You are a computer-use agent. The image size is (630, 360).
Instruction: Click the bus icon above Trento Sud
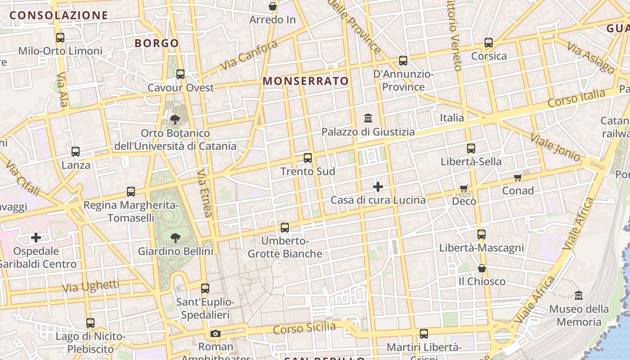308,158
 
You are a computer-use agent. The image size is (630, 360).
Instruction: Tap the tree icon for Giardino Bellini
175,238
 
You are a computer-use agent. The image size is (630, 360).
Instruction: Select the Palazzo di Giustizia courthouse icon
368,118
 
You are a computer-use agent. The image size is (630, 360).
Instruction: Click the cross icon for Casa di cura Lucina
378,186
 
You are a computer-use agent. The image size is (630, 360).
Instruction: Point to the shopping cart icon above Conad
518,177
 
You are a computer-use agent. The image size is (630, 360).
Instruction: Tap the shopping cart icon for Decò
464,188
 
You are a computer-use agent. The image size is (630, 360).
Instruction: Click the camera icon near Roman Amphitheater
216,333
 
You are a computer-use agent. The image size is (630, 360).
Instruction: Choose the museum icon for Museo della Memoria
579,296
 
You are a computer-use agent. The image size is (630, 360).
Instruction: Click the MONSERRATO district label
306,81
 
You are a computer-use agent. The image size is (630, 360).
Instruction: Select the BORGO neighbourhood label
157,43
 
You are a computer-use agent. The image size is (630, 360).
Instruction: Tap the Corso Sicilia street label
304,328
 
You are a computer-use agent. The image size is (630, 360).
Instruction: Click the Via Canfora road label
249,55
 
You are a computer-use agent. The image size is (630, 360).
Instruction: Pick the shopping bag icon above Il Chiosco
482,269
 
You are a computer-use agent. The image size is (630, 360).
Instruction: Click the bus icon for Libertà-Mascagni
481,234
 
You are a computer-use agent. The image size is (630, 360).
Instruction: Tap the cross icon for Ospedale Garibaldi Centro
36,237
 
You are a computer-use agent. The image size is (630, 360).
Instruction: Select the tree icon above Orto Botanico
175,120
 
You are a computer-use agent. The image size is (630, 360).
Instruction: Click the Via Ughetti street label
91,286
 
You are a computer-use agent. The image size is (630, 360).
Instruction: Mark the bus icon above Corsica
489,43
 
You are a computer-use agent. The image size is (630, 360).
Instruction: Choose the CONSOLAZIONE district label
59,15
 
